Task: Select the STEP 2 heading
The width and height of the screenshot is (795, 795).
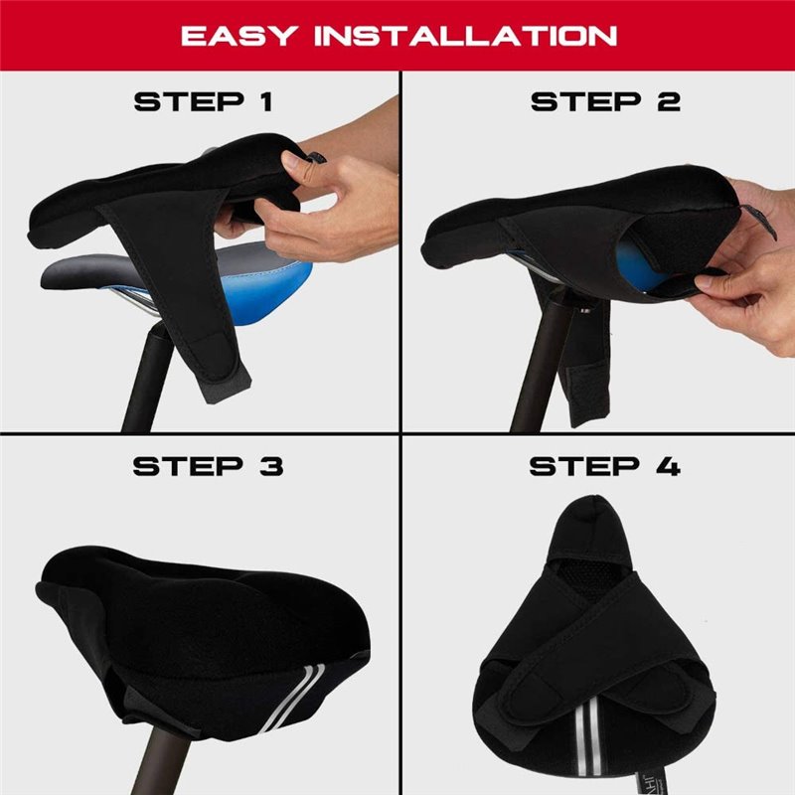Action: (x=605, y=101)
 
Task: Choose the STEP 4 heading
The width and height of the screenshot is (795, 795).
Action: (x=605, y=466)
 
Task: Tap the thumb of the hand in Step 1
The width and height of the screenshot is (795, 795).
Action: (x=298, y=159)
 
